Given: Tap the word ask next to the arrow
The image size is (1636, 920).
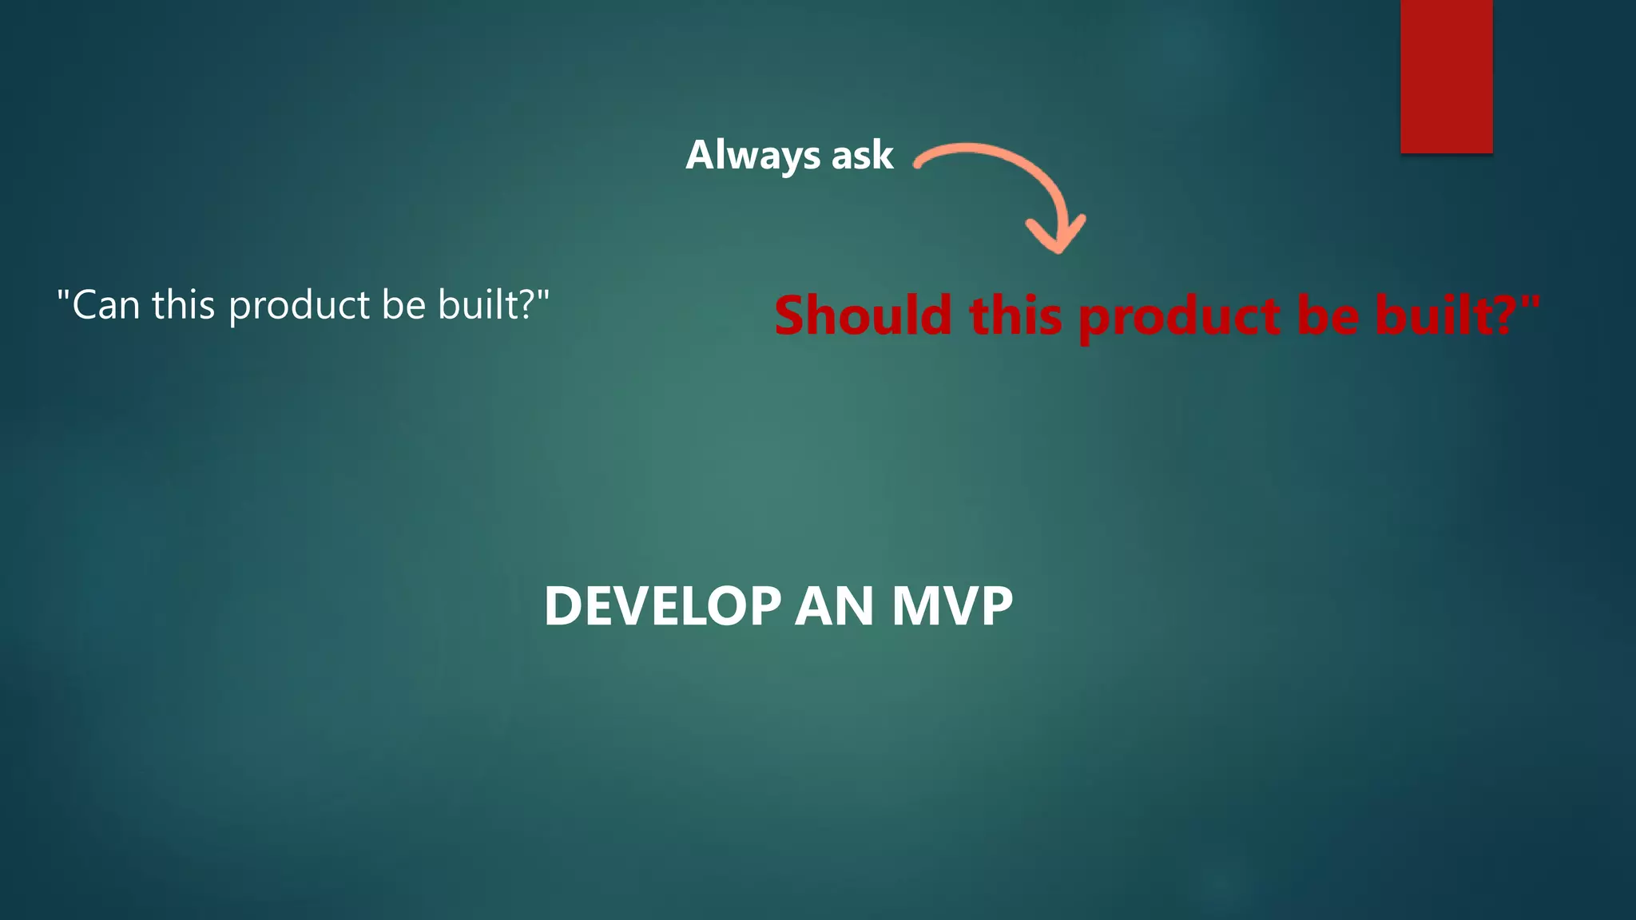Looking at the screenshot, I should click(862, 155).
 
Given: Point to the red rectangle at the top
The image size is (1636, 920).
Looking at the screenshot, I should click(1446, 76).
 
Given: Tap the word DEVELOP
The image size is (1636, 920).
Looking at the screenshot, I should click(662, 606).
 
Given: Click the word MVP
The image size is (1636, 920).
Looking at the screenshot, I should click(952, 606).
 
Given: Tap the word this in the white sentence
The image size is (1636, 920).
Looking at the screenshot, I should click(183, 305).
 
